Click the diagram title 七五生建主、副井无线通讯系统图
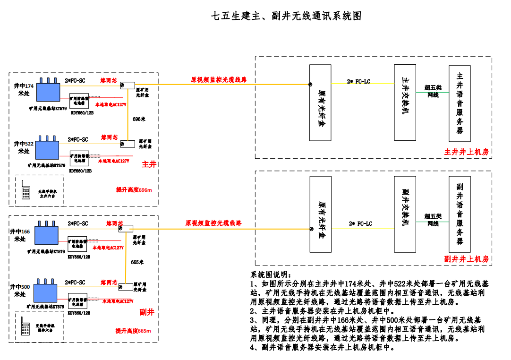(x=286, y=16)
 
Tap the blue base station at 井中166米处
(x=46, y=235)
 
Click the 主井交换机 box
(x=405, y=103)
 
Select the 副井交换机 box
(x=405, y=214)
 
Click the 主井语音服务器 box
(x=460, y=103)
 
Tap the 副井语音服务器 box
(x=460, y=214)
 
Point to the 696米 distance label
(x=139, y=119)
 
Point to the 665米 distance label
(x=137, y=262)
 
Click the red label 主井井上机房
(x=466, y=152)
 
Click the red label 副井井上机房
(x=466, y=259)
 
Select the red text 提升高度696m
(x=134, y=190)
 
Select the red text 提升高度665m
(x=133, y=331)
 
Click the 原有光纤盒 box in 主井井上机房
(x=320, y=103)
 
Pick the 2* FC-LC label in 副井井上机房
(x=360, y=223)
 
